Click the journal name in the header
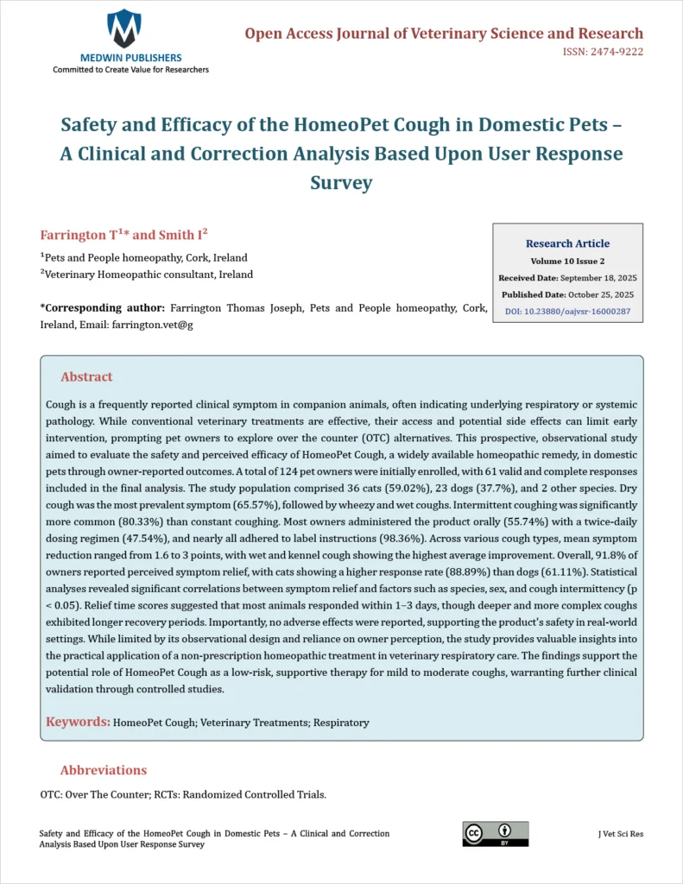click(444, 34)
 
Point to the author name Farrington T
click(79, 236)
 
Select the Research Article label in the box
click(567, 243)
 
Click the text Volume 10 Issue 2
click(567, 261)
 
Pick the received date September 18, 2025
click(598, 278)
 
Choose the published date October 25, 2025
click(598, 294)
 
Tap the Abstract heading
click(86, 377)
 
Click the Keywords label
click(78, 721)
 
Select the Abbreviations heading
click(104, 770)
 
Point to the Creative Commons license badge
click(495, 833)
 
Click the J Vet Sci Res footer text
click(620, 834)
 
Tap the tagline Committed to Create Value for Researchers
click(130, 69)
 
